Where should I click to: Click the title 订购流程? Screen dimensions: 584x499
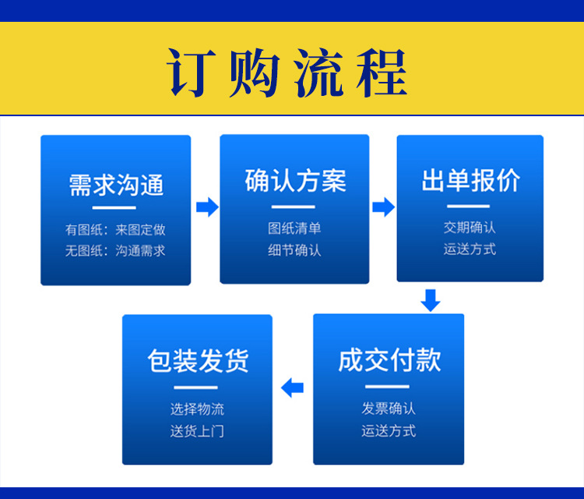coord(287,73)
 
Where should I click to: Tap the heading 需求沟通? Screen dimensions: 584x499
coord(116,185)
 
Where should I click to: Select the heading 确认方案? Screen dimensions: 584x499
coord(295,181)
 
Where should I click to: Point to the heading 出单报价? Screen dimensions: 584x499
coord(470,181)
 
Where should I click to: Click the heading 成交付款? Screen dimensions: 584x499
coord(389,360)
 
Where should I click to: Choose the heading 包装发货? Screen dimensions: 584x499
coord(198,361)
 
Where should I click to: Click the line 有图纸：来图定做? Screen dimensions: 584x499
coord(115,230)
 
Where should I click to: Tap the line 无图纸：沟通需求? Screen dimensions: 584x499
coord(115,250)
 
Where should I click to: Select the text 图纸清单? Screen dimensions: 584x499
coord(294,228)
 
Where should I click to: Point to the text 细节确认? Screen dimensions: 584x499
coord(294,250)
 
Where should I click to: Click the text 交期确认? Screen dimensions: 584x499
coord(470,227)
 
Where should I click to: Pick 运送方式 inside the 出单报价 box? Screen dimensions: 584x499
coord(470,249)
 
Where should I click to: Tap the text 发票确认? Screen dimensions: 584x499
coord(389,409)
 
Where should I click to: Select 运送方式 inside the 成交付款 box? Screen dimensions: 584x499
coord(389,430)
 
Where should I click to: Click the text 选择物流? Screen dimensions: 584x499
coord(198,409)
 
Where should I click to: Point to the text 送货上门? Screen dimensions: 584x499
coord(198,431)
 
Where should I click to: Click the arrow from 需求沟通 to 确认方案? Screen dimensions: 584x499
coord(207,207)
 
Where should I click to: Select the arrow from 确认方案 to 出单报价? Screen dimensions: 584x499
coord(384,207)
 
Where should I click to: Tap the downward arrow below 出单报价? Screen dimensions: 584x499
coord(431,301)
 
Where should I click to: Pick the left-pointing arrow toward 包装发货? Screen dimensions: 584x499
coord(292,388)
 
